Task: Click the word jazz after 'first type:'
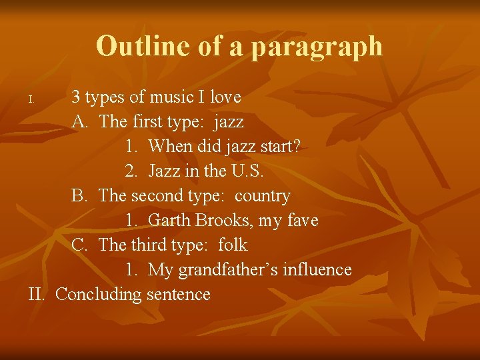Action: [229, 121]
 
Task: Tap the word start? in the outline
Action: [275, 146]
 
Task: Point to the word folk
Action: [233, 245]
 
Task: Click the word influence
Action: [317, 269]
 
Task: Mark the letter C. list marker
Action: [80, 245]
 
